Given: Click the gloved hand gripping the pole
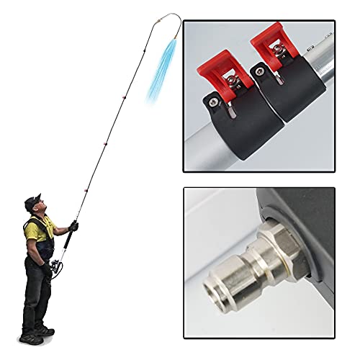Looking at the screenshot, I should (73, 226).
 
